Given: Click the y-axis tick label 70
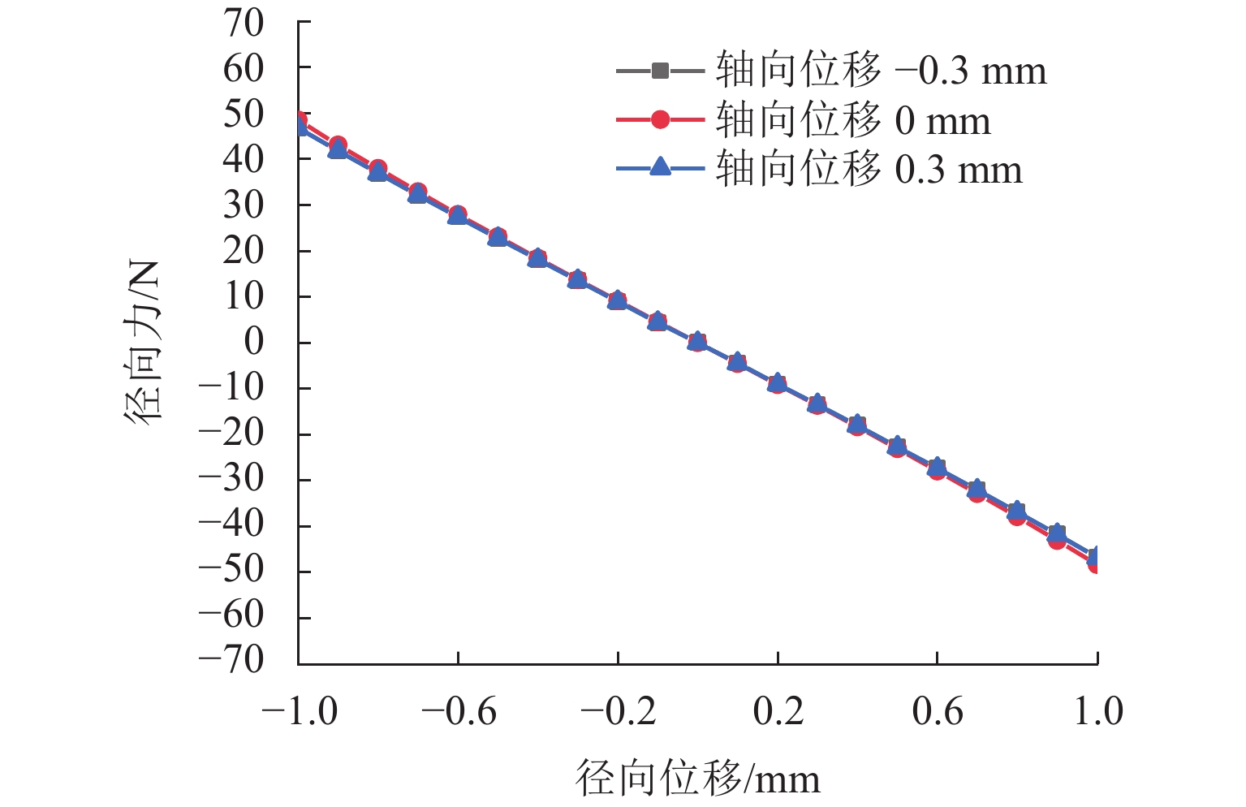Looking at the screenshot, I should (244, 24).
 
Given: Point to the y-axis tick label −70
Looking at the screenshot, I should (232, 659).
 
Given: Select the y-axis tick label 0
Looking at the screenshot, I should (254, 342).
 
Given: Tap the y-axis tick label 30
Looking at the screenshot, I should (244, 205).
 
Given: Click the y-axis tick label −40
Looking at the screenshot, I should (232, 524).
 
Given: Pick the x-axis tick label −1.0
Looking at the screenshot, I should (299, 712).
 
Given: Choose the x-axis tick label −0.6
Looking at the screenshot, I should (459, 712).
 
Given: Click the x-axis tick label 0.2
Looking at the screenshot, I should (778, 712).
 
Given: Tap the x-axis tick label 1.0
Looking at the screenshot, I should (1098, 712).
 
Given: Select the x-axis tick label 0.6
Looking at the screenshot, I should (938, 712).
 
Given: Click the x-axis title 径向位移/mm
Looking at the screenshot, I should (698, 778).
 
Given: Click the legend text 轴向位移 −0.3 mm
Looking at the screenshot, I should (881, 71).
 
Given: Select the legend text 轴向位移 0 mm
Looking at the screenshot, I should (852, 120).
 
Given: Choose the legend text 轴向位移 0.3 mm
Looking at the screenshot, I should (869, 169).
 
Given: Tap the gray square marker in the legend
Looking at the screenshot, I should (660, 71).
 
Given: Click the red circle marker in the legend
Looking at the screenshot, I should (660, 120).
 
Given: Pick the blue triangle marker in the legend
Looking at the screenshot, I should (660, 167).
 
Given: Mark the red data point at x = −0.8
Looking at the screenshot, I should (377, 169).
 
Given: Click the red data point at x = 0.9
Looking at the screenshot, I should (1057, 540).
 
